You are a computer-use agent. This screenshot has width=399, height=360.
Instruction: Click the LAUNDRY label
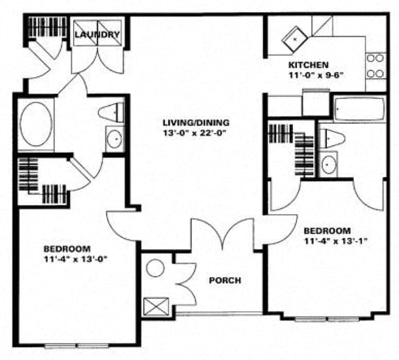pos(98,35)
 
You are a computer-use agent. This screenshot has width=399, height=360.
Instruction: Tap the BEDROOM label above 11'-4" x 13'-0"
pos(67,249)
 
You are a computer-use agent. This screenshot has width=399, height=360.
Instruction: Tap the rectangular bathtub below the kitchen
pos(357,109)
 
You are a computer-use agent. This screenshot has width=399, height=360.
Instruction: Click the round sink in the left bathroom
pos(114,138)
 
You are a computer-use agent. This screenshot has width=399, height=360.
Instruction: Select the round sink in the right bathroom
pos(330,164)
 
